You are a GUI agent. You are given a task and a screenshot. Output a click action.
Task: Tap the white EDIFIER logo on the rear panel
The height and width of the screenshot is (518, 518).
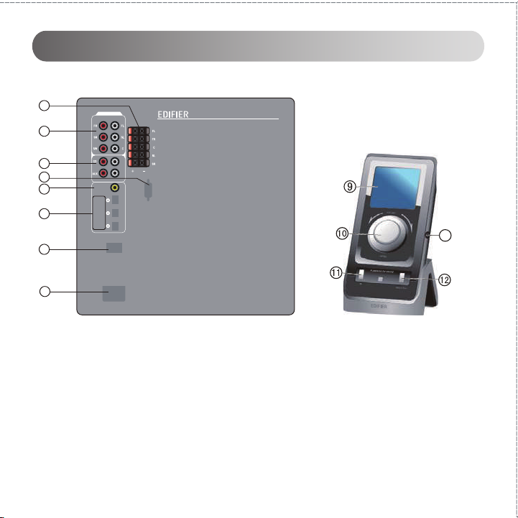point(177,114)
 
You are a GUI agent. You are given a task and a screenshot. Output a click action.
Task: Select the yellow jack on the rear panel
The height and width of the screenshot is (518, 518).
point(114,188)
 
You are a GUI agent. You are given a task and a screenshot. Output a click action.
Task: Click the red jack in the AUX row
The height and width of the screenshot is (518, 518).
point(103,173)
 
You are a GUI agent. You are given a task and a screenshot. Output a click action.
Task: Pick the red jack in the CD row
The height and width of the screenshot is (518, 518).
point(103,161)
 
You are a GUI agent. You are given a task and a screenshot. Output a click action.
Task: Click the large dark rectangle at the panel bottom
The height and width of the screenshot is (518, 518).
point(114,292)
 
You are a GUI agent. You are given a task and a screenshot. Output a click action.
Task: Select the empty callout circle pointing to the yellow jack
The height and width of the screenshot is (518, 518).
point(44,189)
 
